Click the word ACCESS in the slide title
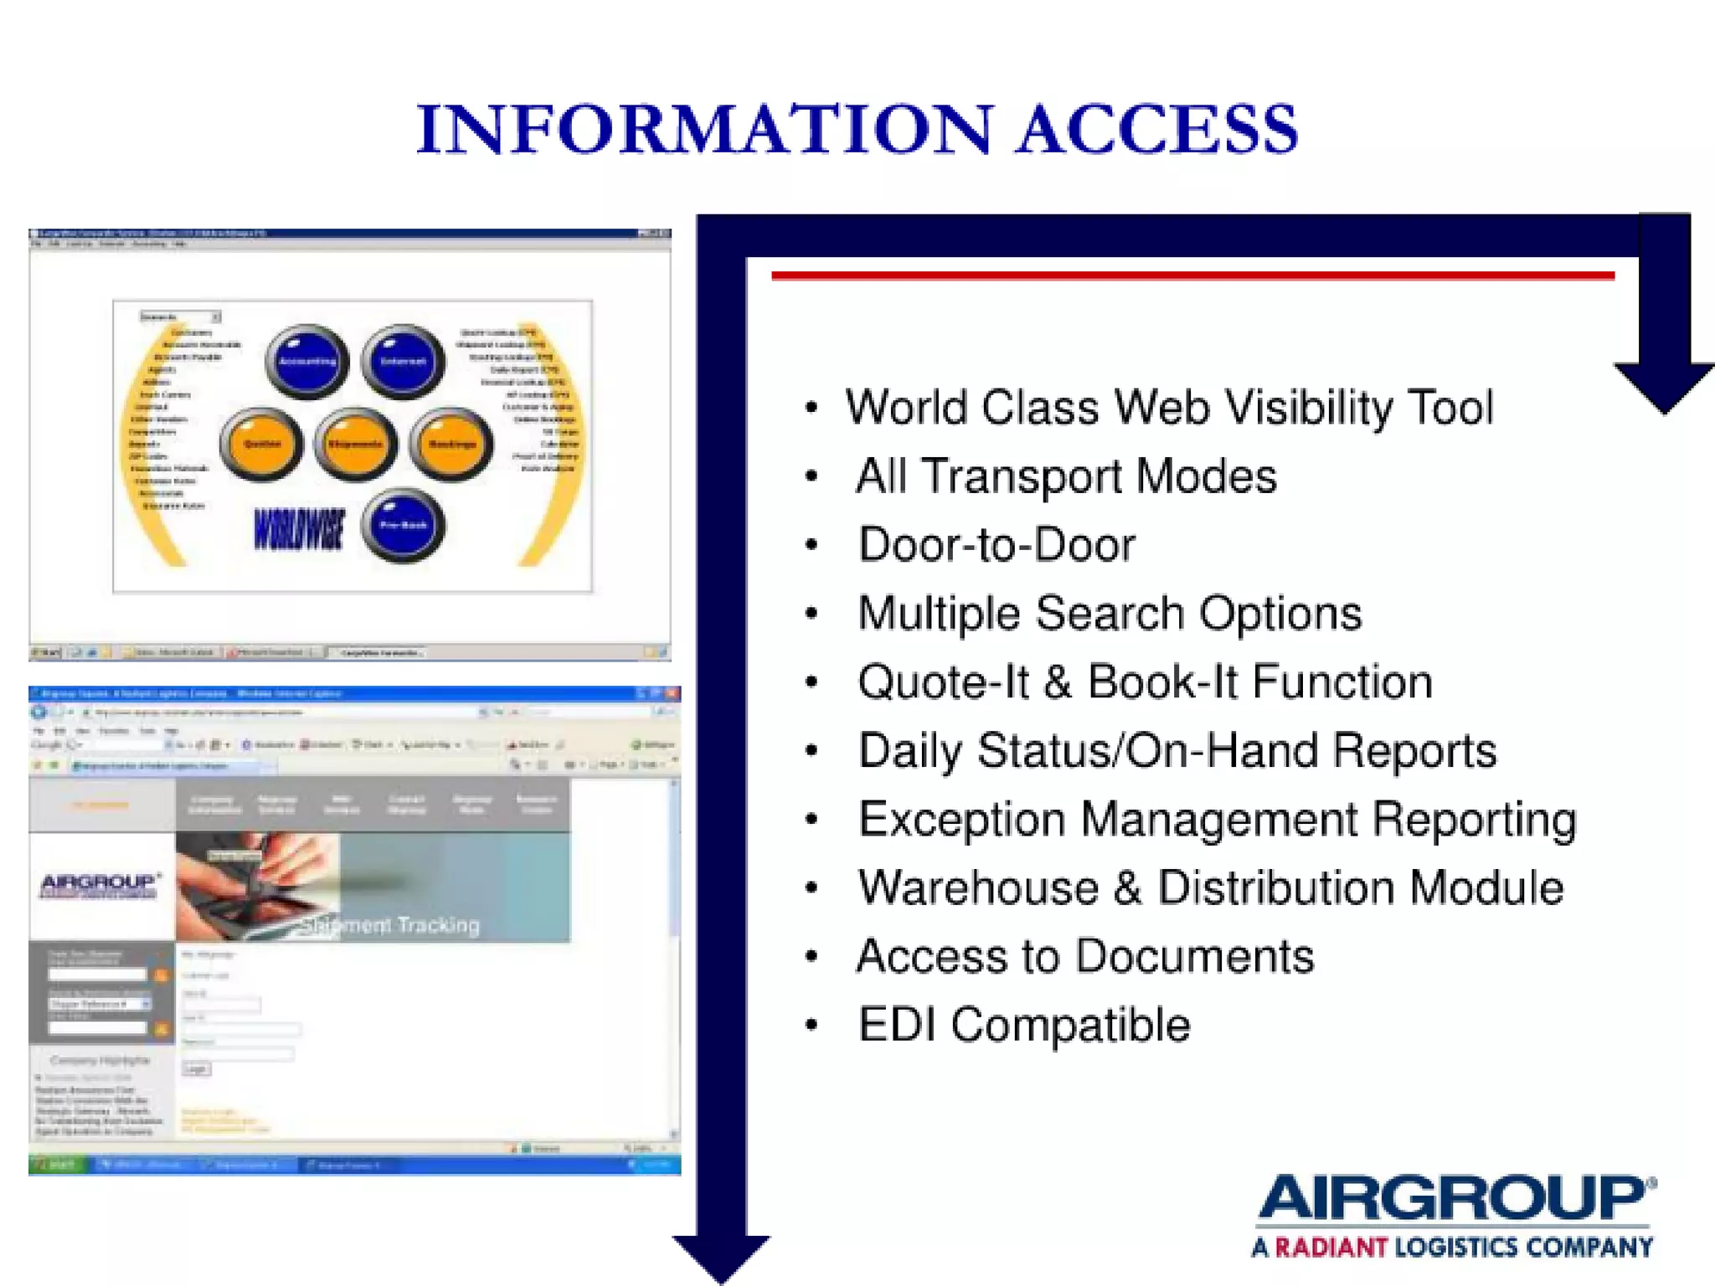1156,130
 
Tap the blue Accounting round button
307,361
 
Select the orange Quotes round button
261,444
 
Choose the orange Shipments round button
356,444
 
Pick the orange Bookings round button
451,444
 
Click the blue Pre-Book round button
404,525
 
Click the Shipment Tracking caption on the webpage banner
390,925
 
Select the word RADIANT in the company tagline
1331,1247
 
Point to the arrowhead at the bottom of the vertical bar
721,1256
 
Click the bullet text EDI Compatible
1023,1025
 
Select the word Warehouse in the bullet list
978,887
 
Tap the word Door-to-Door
997,545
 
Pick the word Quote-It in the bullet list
943,682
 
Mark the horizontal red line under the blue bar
1192,275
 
